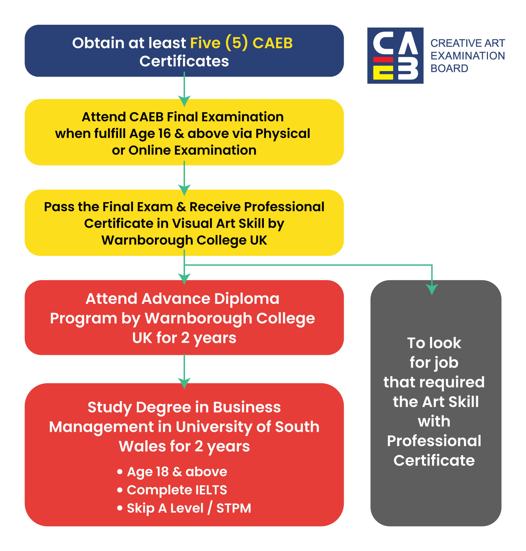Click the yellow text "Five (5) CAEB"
pos(241,43)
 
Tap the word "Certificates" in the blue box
pos(184,61)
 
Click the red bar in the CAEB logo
pos(383,60)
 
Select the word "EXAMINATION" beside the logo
pos(468,56)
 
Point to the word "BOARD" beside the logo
pos(449,69)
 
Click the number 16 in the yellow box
pos(165,133)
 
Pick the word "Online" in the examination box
pos(150,150)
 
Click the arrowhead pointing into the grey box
pos(432,290)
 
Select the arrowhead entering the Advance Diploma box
pos(184,278)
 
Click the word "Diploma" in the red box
pos(247,299)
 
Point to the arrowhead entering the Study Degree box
pos(184,383)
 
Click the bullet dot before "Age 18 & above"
pos(120,472)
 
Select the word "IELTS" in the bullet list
pos(211,490)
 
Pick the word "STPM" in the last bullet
pos(234,508)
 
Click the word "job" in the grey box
pos(446,363)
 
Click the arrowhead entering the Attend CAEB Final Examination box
pos(184,101)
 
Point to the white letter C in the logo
pos(383,43)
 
